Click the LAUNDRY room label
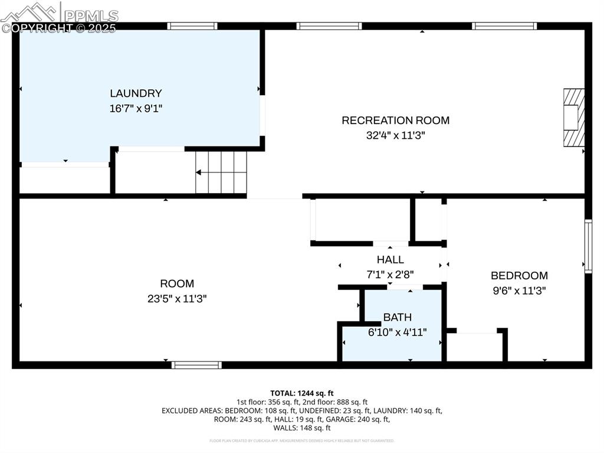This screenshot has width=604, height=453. (136, 93)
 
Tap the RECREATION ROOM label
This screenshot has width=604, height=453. (395, 120)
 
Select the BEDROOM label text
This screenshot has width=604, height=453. (519, 275)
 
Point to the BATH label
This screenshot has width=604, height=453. (397, 318)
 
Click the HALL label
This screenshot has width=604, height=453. (390, 260)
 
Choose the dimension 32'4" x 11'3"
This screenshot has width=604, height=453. (395, 135)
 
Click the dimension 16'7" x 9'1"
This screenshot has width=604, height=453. (136, 109)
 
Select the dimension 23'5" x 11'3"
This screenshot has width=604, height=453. (177, 299)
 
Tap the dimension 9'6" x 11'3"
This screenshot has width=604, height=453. (519, 291)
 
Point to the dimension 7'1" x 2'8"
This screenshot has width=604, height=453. (390, 275)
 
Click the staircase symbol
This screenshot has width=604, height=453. (221, 172)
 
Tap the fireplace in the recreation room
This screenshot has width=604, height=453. (573, 118)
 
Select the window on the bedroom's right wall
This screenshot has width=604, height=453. (587, 246)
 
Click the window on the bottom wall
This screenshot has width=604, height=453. (196, 365)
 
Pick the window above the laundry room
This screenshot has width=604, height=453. (192, 26)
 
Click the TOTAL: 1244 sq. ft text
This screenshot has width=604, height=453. (302, 393)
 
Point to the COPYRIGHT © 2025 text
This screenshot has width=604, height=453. (59, 28)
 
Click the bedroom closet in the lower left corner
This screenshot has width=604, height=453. (475, 347)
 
